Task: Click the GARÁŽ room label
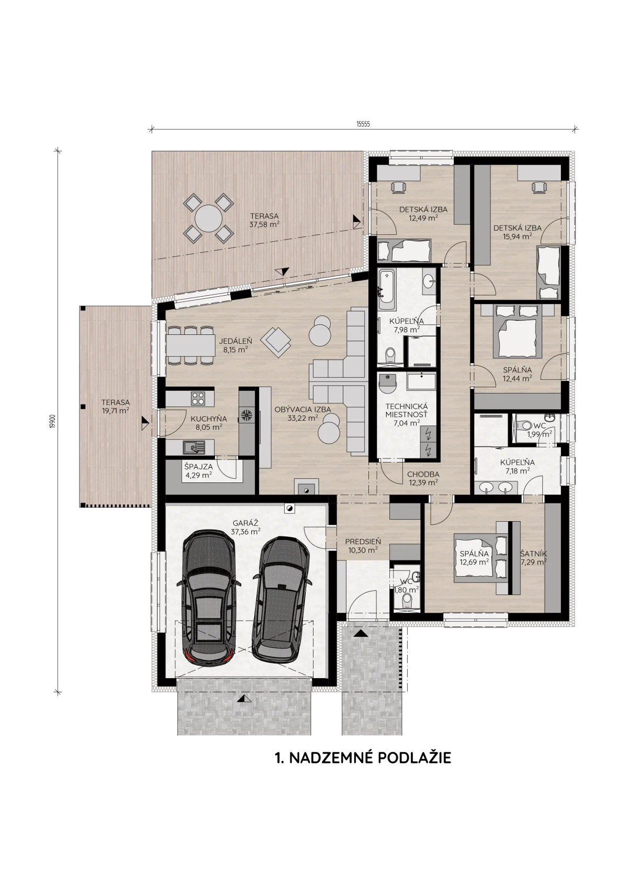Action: point(245,522)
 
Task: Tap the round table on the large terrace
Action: point(209,219)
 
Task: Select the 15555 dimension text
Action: point(363,123)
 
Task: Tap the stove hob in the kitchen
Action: point(197,398)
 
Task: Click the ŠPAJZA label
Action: point(198,467)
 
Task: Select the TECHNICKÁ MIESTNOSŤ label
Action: point(407,411)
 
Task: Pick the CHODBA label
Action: point(423,474)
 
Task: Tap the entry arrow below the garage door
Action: point(244,699)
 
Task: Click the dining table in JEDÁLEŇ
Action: point(190,345)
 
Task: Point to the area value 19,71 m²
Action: point(116,411)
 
